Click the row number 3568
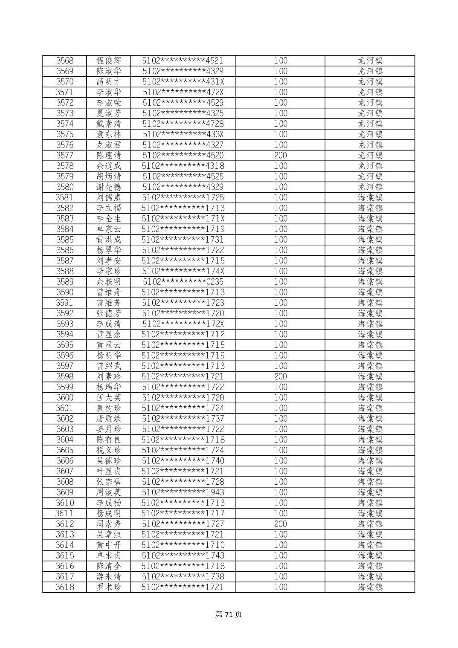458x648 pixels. click(65, 61)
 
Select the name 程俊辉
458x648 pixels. click(109, 61)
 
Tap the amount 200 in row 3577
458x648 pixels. click(280, 155)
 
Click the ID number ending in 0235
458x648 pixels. click(183, 282)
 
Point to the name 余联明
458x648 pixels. click(109, 282)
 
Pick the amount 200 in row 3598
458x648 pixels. click(280, 376)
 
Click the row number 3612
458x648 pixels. click(65, 524)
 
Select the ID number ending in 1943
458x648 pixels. click(183, 492)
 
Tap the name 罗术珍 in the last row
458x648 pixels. click(109, 587)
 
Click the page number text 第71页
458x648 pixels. click(229, 614)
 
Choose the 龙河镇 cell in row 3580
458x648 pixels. click(370, 187)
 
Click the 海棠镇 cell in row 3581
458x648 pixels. click(370, 197)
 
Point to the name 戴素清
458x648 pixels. click(109, 124)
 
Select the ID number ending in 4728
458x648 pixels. click(183, 124)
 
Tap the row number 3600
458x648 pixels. click(65, 397)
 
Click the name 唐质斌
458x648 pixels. click(109, 419)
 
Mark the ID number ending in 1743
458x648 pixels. click(183, 555)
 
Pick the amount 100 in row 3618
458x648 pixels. click(280, 587)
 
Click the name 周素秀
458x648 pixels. click(109, 524)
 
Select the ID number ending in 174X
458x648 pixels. click(183, 271)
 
